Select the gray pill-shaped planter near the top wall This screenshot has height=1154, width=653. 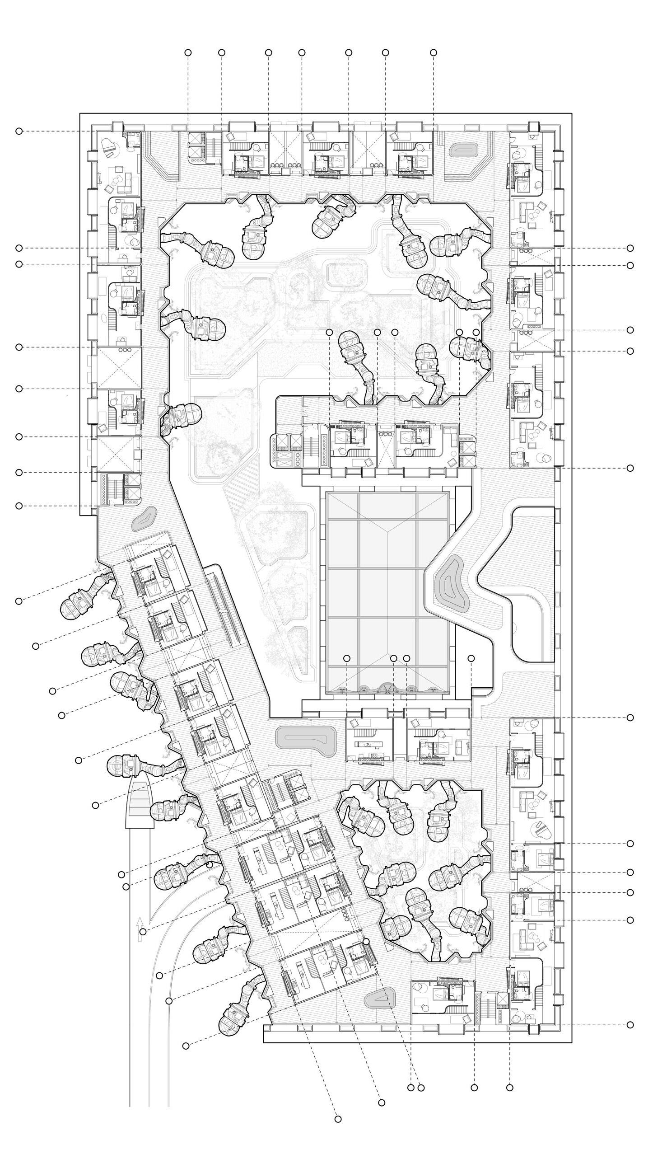click(464, 150)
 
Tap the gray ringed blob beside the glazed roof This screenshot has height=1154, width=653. click(452, 584)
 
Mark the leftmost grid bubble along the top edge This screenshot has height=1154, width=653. click(188, 53)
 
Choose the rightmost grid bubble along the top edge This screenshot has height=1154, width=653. click(434, 53)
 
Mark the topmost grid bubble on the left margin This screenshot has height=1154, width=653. click(19, 131)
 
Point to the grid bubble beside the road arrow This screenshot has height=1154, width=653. click(143, 932)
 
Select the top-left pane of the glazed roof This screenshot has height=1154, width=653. click(343, 506)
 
